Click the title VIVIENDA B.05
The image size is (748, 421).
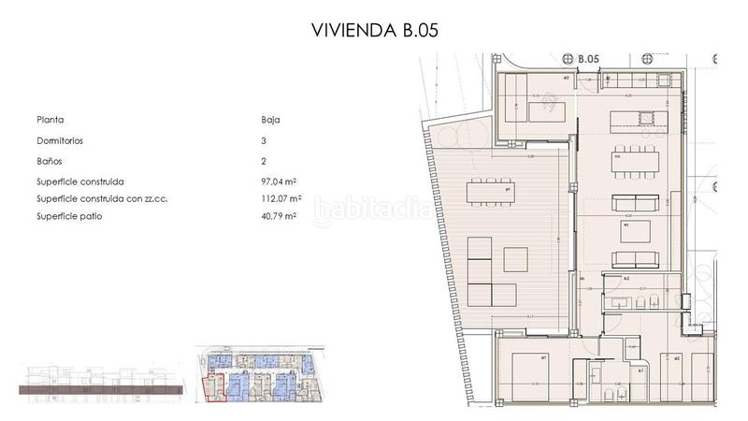point(373,30)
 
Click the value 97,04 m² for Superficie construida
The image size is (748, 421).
point(280,182)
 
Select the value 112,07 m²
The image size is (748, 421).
point(280,199)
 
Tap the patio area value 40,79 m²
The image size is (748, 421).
point(279,216)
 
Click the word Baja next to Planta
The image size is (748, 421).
point(271,120)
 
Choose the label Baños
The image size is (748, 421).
point(50,161)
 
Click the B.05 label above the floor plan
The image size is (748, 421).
point(587,59)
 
